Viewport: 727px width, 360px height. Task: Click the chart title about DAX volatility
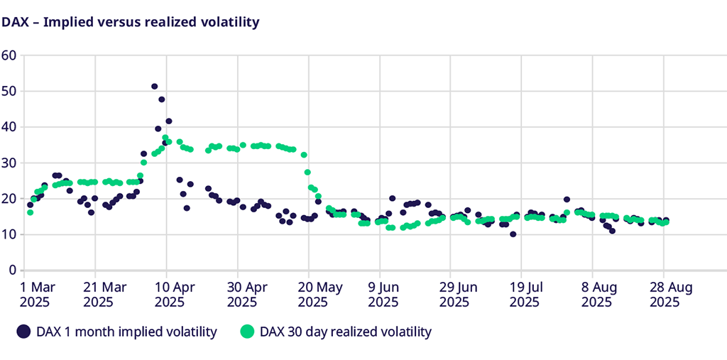pos(131,22)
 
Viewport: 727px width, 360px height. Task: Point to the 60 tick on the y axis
pos(9,55)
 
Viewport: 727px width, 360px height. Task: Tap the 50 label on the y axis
pos(9,91)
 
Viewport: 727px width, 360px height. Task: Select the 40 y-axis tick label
pos(9,126)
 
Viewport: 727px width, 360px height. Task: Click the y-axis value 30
pos(9,163)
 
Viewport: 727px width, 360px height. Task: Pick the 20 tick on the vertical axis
pos(9,198)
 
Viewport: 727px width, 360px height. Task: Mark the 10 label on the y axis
pos(9,234)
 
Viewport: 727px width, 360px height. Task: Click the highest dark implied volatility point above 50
pos(154,87)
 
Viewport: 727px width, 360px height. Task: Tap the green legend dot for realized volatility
pos(247,332)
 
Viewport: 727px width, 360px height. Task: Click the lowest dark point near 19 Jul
pos(513,234)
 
